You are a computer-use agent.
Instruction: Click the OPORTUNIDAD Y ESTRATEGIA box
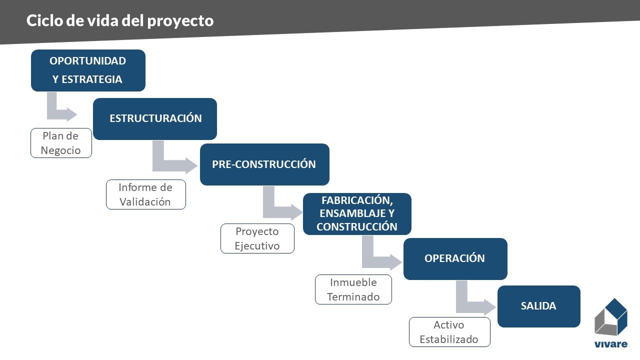coord(88,70)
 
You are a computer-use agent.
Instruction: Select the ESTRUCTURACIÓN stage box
coord(155,119)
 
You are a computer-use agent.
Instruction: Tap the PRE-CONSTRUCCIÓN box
coord(264,164)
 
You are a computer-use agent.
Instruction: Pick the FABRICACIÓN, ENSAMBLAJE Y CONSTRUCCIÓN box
coord(357,213)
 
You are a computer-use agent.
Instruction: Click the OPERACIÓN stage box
coord(455,258)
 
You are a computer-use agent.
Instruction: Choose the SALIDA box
coord(539,306)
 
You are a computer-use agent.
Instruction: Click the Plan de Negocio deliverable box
coord(61,143)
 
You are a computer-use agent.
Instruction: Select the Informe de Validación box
coord(145,194)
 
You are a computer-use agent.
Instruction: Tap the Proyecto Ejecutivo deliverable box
coord(257,238)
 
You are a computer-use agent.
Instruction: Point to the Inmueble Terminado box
coord(353,289)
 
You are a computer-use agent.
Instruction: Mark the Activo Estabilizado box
coord(449,332)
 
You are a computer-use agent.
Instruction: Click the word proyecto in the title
coord(180,21)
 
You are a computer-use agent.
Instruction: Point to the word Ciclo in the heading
coord(44,20)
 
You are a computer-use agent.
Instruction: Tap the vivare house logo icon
coord(611,317)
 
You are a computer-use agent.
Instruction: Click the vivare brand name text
coord(611,344)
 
